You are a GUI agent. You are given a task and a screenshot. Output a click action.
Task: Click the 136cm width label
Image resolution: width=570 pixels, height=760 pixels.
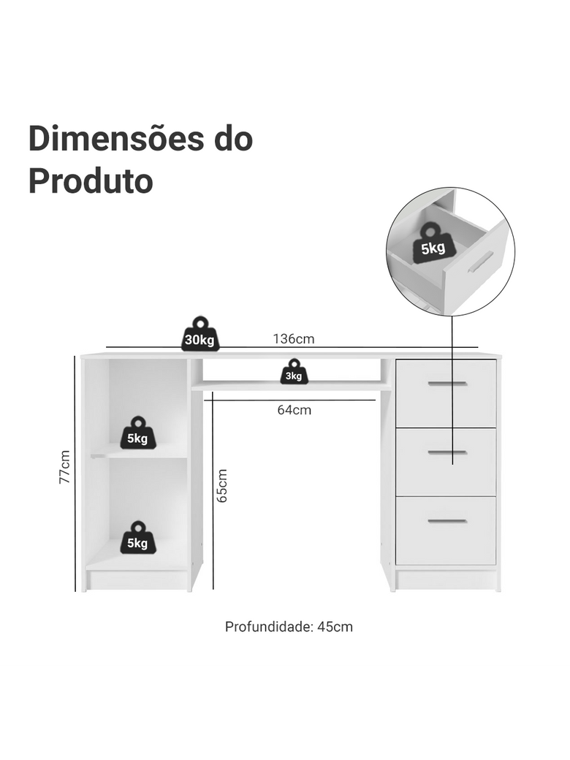[294, 338]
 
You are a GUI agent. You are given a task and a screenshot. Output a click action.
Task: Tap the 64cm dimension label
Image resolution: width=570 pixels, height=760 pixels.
[294, 410]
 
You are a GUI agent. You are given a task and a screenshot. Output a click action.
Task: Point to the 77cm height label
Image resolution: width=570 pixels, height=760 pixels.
[64, 467]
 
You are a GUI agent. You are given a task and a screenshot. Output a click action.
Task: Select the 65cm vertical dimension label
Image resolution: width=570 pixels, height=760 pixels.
[222, 485]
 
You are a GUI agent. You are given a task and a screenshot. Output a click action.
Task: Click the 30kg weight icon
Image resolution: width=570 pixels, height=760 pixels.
[199, 335]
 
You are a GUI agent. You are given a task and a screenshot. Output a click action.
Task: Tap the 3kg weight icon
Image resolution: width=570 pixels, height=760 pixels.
[294, 373]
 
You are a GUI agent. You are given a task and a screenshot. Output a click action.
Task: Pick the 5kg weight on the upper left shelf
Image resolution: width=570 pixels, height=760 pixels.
[137, 434]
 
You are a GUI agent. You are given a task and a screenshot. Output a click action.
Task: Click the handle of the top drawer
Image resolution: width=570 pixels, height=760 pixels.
[446, 383]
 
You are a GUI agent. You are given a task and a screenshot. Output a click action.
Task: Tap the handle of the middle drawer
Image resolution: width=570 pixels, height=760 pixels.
[446, 452]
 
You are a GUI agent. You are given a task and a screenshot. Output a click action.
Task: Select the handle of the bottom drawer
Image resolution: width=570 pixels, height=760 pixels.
[446, 521]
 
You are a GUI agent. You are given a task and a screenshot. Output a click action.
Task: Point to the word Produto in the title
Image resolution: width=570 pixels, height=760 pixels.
[91, 181]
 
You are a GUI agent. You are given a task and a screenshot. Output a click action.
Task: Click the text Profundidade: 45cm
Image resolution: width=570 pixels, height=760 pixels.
[289, 626]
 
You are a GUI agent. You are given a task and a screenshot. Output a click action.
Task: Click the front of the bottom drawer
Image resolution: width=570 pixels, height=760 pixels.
[446, 541]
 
